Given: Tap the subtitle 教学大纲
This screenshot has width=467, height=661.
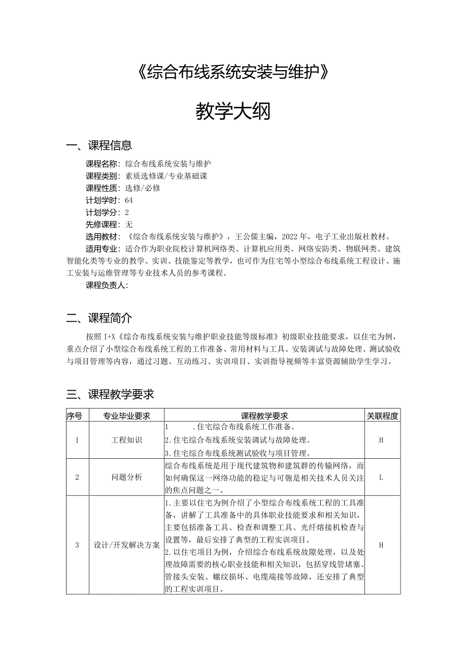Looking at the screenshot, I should coord(233,112).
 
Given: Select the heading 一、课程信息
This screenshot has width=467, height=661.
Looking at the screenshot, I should coord(99,146).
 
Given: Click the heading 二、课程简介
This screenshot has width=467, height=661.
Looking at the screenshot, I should coord(99,319).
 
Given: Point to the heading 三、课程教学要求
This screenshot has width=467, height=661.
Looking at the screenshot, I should coord(110,394).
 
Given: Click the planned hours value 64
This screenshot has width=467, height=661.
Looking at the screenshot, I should coord(128,200).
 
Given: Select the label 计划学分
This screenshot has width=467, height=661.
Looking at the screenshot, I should coord(102,212).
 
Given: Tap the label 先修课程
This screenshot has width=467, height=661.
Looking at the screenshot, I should coord(102,225).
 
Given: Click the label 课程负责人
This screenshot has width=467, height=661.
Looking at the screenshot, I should coord(105,285).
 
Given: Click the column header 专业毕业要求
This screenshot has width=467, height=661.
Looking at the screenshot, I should coord(126,416).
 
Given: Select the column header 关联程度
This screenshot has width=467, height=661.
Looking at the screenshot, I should coord(383,416).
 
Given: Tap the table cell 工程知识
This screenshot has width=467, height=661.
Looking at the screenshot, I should coord(126,440).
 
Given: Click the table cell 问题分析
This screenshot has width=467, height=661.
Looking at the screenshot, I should coord(126,478).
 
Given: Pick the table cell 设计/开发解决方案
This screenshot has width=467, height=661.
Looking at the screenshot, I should coord(126,545).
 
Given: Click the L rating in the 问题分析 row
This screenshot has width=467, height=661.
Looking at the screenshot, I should coord(381,478).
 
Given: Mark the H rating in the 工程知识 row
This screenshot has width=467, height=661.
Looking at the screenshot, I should coord(381,440).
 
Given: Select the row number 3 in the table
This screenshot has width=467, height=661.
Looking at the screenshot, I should coord(77,545).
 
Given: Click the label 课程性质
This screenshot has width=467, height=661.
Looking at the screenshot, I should coord(102,188).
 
